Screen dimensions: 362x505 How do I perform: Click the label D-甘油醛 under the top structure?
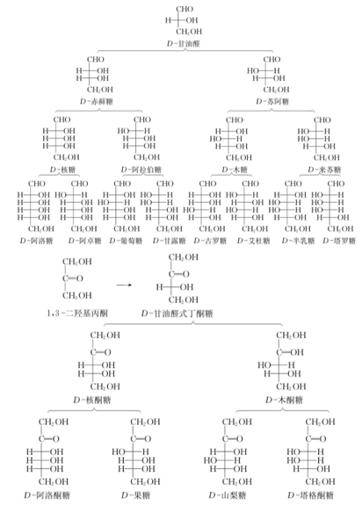(x=182, y=41)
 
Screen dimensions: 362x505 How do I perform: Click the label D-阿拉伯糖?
(x=142, y=167)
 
